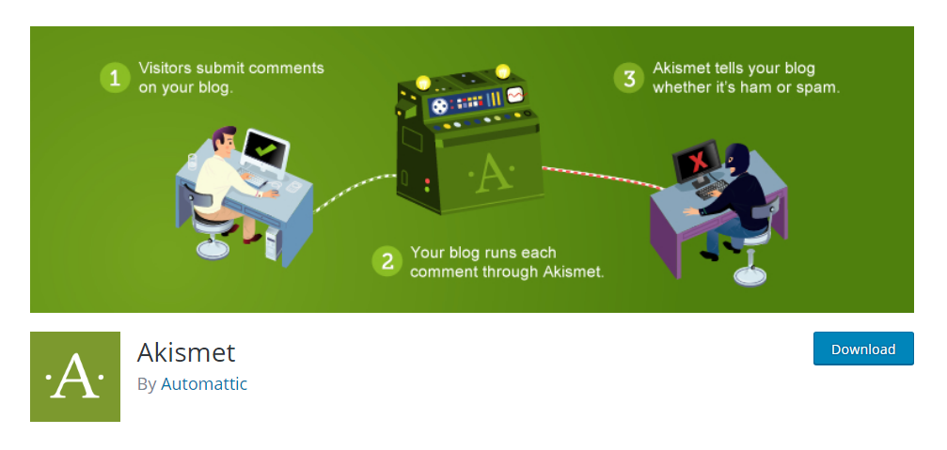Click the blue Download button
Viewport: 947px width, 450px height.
pos(863,349)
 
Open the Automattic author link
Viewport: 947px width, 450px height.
pos(204,383)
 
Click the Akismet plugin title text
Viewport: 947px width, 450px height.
pos(186,352)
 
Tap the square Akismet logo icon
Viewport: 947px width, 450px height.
pos(75,377)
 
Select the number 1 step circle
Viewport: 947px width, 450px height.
pos(115,78)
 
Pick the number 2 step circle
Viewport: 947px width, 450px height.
pos(387,261)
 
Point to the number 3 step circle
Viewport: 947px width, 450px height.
pos(629,78)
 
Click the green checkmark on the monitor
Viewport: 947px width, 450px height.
pos(264,147)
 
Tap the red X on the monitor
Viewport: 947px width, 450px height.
pos(698,161)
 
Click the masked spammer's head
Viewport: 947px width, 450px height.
pos(737,158)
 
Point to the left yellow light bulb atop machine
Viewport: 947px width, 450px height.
pos(423,81)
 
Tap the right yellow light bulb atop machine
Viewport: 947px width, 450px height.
pos(502,71)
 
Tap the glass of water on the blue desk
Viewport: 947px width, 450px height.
pos(192,162)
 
